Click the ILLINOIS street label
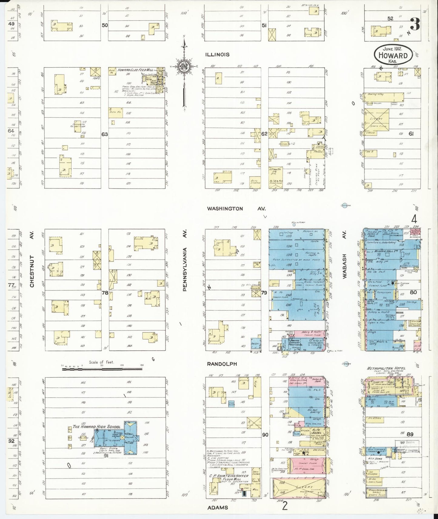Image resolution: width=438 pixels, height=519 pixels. click(217, 55)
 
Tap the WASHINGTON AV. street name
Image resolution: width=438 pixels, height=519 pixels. click(236, 209)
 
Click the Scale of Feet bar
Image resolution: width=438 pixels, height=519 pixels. click(102, 369)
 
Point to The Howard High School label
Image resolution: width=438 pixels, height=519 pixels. click(96, 427)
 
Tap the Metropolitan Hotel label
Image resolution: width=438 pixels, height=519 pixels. click(386, 369)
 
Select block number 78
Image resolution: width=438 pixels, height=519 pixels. click(105, 293)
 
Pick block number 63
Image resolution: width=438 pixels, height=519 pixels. click(105, 134)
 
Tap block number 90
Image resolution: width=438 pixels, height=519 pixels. click(265, 435)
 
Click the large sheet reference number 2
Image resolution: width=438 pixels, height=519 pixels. click(285, 506)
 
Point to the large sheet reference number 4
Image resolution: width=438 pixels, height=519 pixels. click(414, 219)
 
